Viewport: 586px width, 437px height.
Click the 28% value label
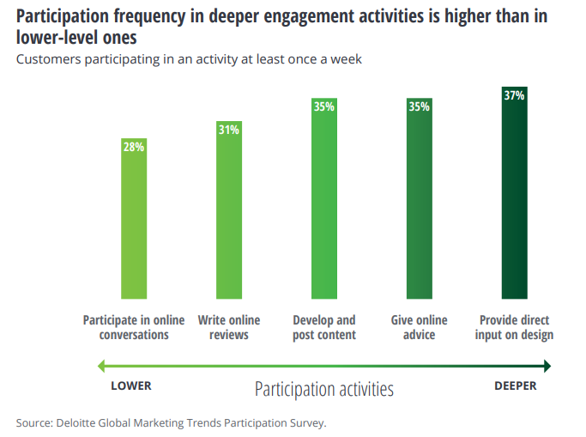134,147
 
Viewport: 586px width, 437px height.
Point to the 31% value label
229,130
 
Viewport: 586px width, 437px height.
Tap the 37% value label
515,95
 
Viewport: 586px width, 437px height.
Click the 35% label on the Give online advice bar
420,107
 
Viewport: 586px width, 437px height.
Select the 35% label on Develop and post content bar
324,107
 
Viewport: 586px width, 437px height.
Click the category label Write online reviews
229,327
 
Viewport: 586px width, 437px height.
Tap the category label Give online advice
420,327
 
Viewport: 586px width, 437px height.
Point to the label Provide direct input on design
515,327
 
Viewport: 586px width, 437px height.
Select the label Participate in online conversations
134,327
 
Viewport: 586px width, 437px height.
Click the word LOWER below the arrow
131,385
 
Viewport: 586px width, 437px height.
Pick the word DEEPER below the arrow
515,385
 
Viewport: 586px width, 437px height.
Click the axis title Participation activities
324,389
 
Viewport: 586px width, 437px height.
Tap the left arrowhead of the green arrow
101,367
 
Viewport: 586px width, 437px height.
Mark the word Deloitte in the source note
77,422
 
